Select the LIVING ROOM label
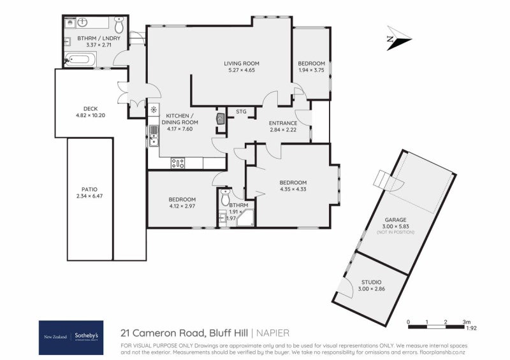[x=241, y=63]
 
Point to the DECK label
[x=90, y=108]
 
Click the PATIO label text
[x=89, y=189]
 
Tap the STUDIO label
[x=372, y=282]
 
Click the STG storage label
[x=241, y=112]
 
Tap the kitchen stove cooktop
[x=177, y=163]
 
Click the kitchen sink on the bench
[x=154, y=133]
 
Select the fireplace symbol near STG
[x=220, y=119]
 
